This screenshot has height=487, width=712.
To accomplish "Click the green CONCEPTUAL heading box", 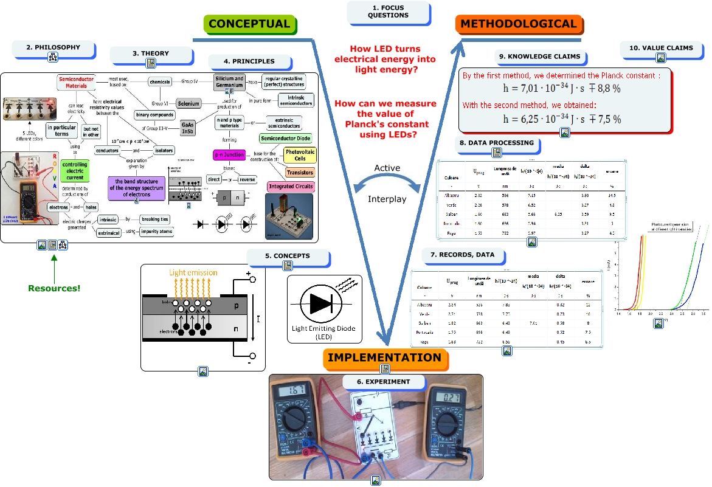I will click(249, 24).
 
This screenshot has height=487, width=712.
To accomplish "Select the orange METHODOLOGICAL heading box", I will click(518, 24).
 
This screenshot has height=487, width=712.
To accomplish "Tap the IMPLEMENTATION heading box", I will click(384, 357).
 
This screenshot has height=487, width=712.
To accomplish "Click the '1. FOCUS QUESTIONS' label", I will click(388, 12).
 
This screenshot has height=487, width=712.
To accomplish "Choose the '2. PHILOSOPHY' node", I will click(53, 47).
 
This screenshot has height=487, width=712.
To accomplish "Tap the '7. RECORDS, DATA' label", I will click(462, 254).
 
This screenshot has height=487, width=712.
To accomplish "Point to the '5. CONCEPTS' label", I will click(287, 256).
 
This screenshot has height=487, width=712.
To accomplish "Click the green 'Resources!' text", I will click(54, 288).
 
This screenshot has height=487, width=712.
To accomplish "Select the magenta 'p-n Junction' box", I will click(229, 155).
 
